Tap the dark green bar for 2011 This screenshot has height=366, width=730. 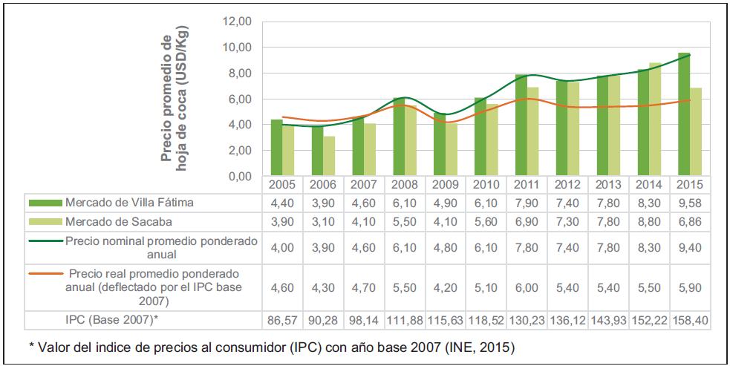(521, 125)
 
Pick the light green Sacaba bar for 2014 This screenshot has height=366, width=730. (654, 120)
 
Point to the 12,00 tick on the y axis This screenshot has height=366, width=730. (237, 22)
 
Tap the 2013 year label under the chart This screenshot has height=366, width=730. (607, 185)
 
